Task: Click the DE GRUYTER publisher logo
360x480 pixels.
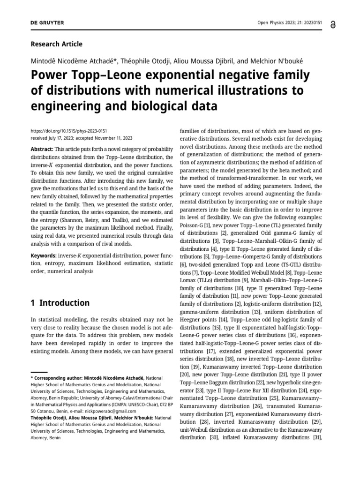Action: point(47,23)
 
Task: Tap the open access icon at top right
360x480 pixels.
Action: point(333,24)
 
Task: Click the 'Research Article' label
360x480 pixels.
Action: point(56,44)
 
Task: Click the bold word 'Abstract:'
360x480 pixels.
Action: point(42,148)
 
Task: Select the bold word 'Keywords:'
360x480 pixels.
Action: point(44,255)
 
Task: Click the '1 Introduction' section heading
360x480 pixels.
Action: point(60,303)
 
